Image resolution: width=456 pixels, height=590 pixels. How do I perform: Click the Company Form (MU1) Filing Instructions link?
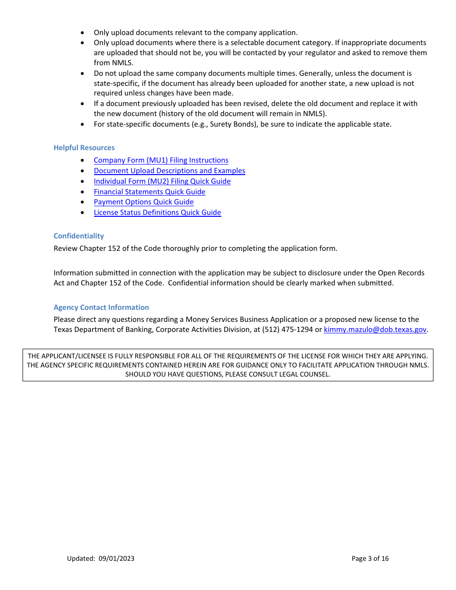click(x=161, y=160)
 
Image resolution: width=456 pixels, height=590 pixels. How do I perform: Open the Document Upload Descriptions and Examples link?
click(x=169, y=171)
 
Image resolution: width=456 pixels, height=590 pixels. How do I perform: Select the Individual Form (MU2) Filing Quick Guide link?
click(x=162, y=181)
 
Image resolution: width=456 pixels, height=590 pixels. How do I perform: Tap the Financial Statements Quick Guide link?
click(x=149, y=192)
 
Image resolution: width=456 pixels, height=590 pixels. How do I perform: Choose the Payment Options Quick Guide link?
click(x=144, y=202)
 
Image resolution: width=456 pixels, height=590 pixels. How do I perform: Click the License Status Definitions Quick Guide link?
click(x=157, y=212)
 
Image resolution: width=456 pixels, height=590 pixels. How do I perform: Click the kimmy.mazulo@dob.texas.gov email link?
click(x=375, y=330)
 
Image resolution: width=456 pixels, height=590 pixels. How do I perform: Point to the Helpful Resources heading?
click(x=84, y=148)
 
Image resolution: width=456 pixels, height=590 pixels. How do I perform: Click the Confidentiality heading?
click(x=79, y=236)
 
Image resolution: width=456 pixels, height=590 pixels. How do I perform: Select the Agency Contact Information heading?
click(x=101, y=307)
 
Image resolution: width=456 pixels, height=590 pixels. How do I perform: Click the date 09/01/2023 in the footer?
click(x=117, y=558)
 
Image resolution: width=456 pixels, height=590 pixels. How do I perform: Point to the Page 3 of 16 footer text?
click(x=370, y=558)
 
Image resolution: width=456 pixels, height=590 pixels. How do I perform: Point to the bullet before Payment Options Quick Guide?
click(x=84, y=202)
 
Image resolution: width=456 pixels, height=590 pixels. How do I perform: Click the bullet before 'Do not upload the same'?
click(x=84, y=73)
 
